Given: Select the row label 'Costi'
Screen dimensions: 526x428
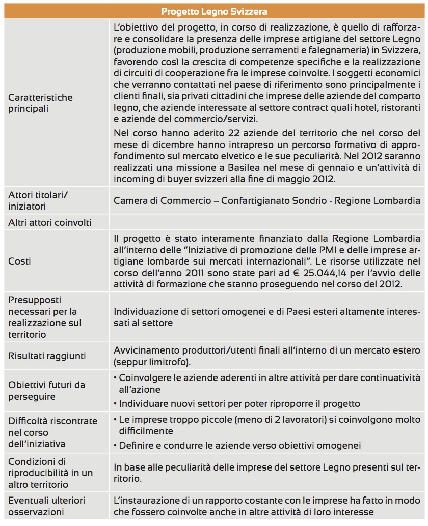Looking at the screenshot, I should click(x=19, y=261).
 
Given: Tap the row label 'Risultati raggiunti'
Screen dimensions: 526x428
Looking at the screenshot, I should click(x=47, y=356).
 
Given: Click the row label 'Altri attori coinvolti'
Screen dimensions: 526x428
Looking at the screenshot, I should click(x=50, y=222).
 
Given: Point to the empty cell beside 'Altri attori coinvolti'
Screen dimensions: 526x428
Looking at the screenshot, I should click(x=266, y=222).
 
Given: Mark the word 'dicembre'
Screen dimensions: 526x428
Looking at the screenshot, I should click(x=159, y=144).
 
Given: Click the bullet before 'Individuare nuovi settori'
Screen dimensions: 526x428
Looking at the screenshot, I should click(x=115, y=404).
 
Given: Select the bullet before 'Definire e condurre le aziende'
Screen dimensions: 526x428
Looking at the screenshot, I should click(x=115, y=446).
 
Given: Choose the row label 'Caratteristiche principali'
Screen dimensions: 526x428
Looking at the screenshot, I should click(x=40, y=103).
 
